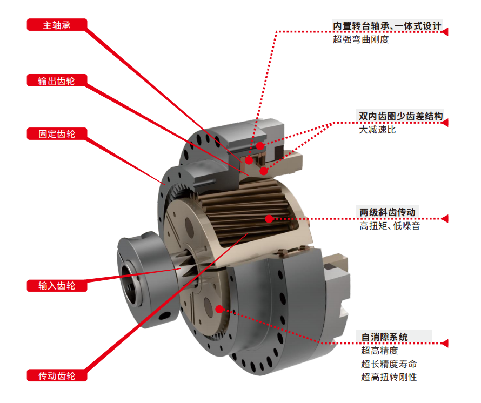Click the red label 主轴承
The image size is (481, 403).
point(57,25)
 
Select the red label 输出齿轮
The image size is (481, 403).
point(57,80)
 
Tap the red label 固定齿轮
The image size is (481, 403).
point(57,134)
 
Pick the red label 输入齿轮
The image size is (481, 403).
point(57,286)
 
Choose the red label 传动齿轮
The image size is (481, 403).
point(57,375)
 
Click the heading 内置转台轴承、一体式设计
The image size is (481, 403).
point(387,26)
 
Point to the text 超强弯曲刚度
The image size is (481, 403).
point(361,39)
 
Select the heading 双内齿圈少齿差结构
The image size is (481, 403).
point(400,116)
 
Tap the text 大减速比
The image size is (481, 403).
point(377,130)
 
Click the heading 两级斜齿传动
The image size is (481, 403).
point(388,212)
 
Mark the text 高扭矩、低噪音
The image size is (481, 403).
point(390,226)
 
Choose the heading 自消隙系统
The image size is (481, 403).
point(384,337)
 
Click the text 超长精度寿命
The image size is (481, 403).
point(389,364)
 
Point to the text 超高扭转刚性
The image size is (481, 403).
point(389,377)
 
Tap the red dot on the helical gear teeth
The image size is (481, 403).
point(269,219)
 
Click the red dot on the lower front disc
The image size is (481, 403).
point(219,309)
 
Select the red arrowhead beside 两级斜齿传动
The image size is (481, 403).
point(445,219)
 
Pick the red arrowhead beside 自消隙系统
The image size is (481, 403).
point(445,343)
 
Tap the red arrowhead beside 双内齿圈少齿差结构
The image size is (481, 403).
point(445,123)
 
